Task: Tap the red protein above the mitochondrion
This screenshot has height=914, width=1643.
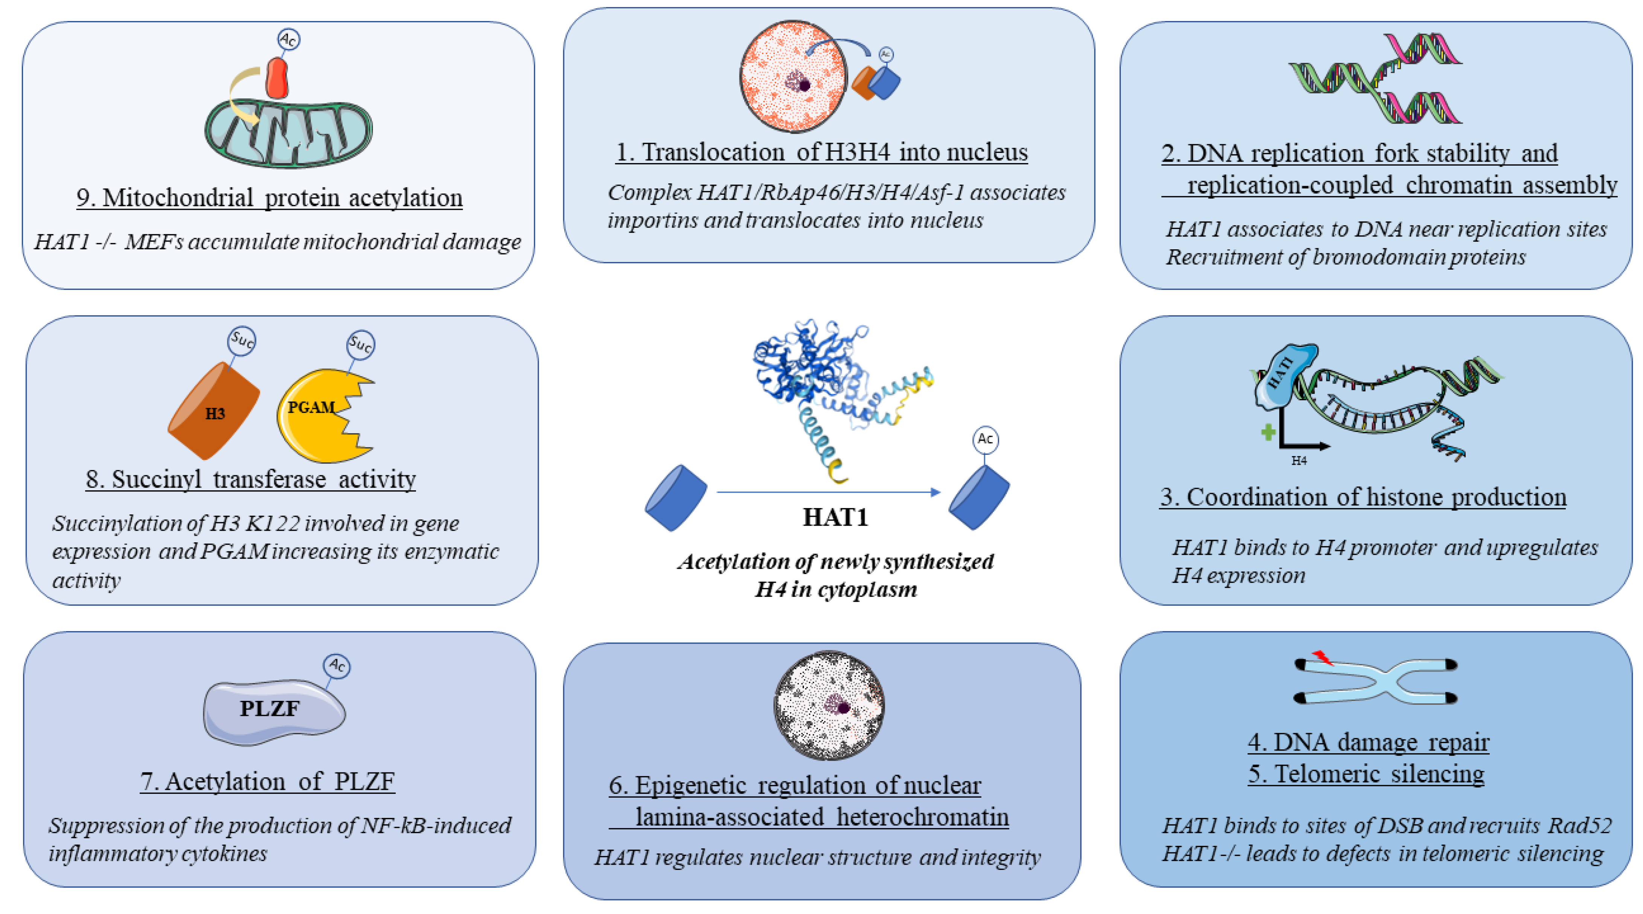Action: click(x=277, y=78)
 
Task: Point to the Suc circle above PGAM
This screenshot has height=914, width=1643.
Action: click(x=360, y=345)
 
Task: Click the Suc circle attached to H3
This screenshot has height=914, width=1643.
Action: click(x=242, y=340)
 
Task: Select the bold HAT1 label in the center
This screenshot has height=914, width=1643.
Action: click(x=835, y=517)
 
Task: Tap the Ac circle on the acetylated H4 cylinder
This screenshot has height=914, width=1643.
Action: click(x=985, y=439)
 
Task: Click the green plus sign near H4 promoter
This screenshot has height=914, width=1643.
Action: click(x=1268, y=432)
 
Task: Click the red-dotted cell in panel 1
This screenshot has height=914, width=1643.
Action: click(x=793, y=76)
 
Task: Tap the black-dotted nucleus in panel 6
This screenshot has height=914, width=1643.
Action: click(x=829, y=705)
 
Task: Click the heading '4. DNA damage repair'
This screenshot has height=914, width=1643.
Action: click(x=1368, y=742)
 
